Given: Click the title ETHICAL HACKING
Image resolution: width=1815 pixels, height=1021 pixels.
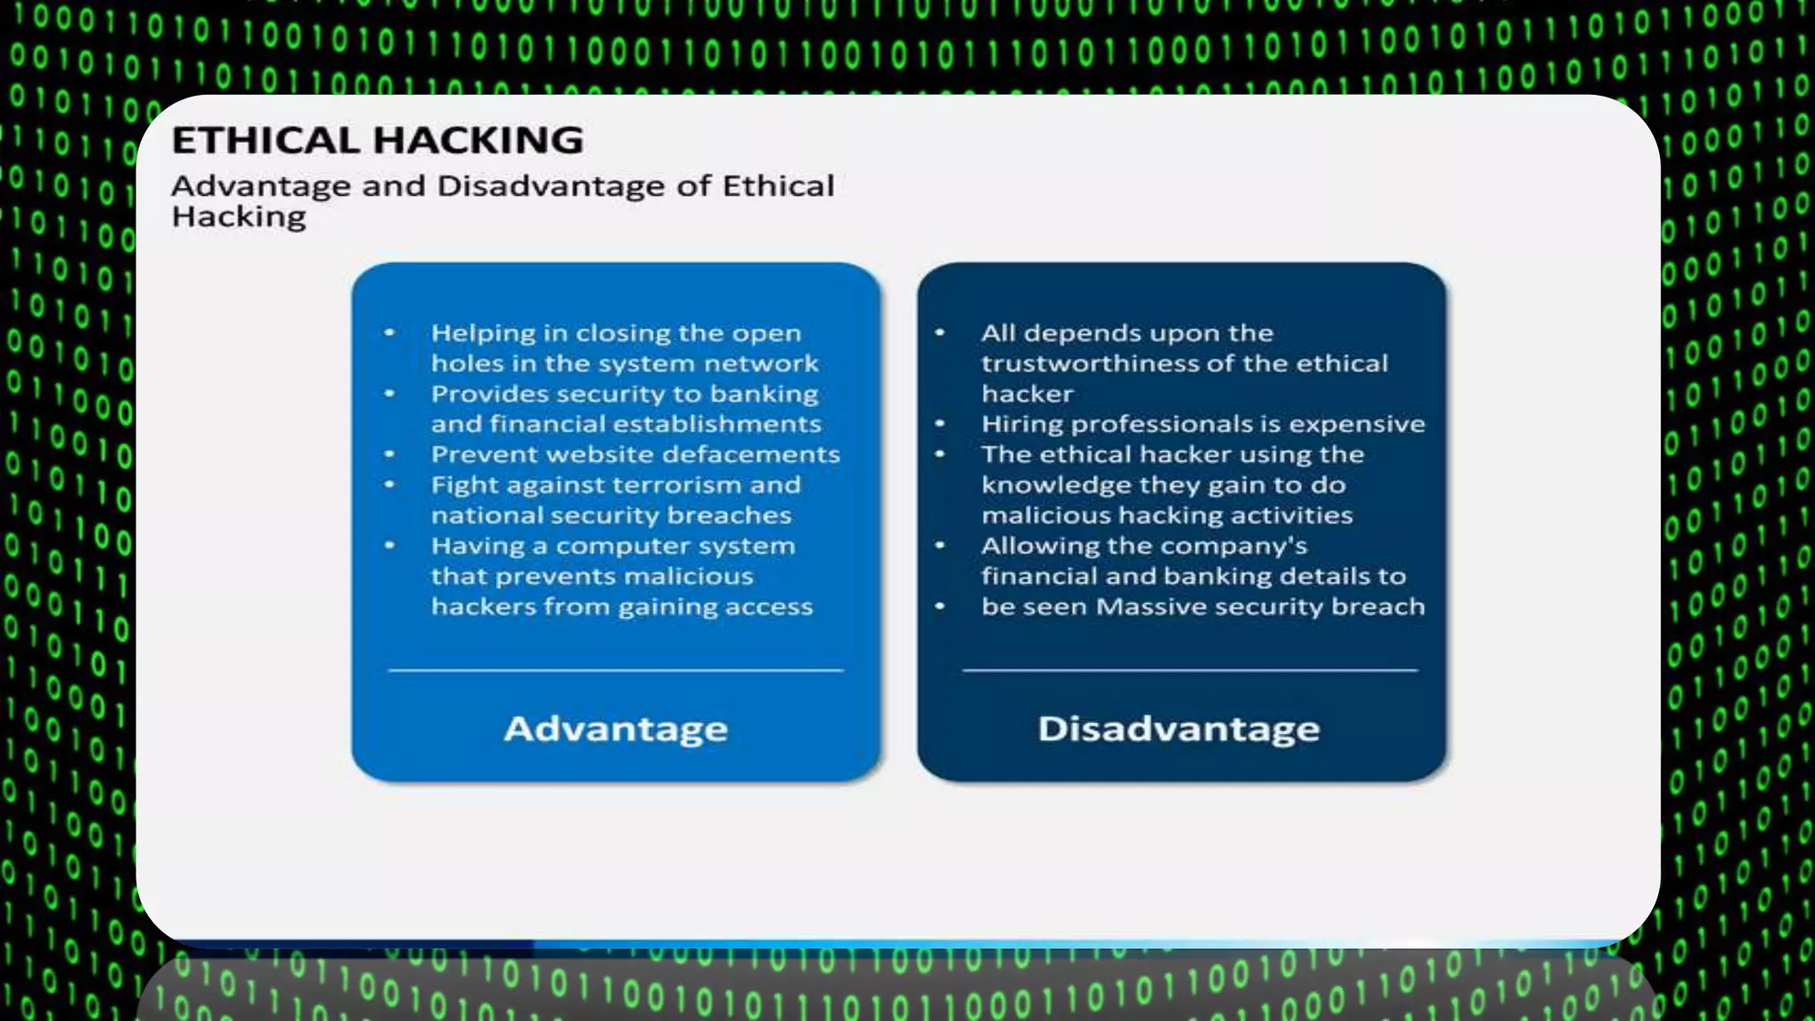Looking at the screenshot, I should pyautogui.click(x=378, y=140).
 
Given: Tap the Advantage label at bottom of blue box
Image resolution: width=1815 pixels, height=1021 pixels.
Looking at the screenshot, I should pyautogui.click(x=616, y=729).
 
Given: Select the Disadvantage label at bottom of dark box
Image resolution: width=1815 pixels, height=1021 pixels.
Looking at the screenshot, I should pyautogui.click(x=1179, y=729).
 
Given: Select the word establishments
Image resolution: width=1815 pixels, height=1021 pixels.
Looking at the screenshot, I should pyautogui.click(x=718, y=425).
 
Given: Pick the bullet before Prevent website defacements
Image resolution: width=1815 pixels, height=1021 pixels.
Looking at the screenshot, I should pyautogui.click(x=390, y=455).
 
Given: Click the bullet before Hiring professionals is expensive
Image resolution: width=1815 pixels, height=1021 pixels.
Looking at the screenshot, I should pyautogui.click(x=940, y=425).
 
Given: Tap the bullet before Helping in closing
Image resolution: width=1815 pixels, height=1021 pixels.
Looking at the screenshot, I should pyautogui.click(x=390, y=333).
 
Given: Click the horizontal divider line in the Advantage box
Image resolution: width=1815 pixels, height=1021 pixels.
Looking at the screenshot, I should pyautogui.click(x=616, y=671).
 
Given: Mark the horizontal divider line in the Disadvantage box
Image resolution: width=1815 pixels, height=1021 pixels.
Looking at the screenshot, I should pyautogui.click(x=1190, y=671).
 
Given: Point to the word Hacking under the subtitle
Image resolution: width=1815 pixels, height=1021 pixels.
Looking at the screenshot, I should pyautogui.click(x=238, y=217).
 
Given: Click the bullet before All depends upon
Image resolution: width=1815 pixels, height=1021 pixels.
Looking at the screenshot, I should pyautogui.click(x=940, y=333).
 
